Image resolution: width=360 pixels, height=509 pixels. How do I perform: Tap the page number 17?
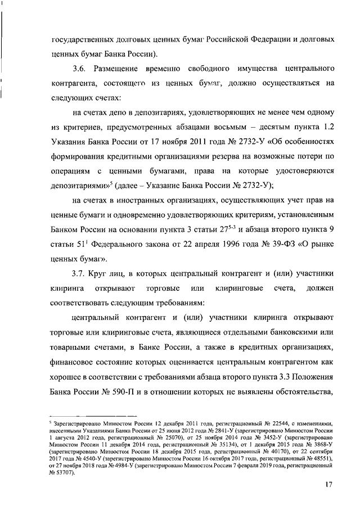328,485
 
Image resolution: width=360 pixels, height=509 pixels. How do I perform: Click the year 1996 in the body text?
219,245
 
